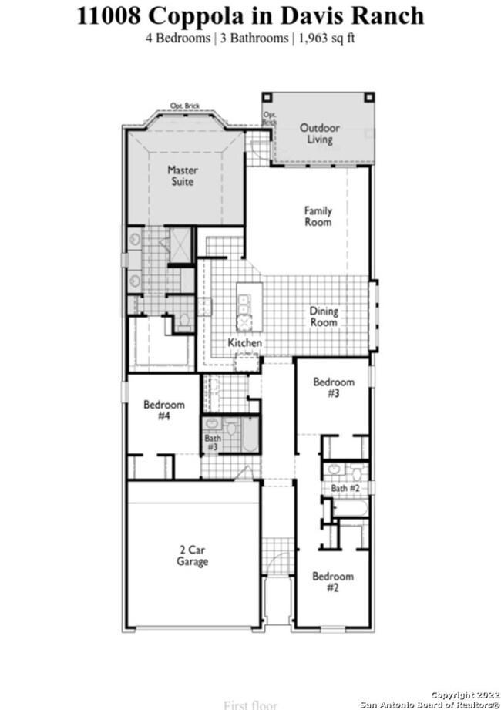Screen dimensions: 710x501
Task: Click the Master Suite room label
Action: tap(183, 176)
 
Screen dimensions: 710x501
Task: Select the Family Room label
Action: tap(318, 216)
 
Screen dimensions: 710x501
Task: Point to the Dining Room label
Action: tap(324, 317)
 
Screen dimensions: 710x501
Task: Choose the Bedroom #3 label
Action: tap(333, 388)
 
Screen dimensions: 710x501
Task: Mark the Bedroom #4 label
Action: tap(164, 410)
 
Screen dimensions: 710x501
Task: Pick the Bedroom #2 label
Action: tap(333, 582)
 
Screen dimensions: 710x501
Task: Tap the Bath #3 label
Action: tap(212, 442)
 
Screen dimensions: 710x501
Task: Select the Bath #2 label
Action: tap(345, 489)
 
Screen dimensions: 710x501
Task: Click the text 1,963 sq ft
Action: tap(324, 37)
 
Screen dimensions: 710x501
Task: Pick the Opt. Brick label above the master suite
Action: tap(185, 106)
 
